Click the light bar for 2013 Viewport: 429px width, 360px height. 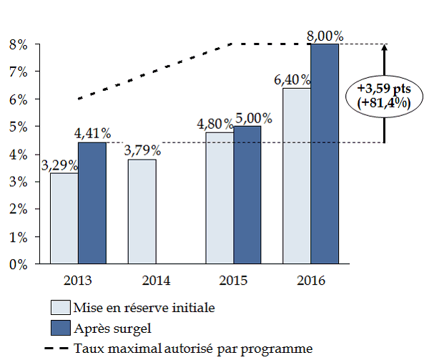coord(64,218)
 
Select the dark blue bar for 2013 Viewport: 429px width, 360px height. coord(92,203)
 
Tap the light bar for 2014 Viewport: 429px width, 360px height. coord(142,212)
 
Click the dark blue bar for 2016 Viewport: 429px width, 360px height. coord(325,154)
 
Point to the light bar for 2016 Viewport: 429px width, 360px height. coord(297,176)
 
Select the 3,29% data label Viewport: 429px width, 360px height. coord(59,165)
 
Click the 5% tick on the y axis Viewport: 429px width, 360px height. coord(17,127)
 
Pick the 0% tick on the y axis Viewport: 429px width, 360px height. coord(17,264)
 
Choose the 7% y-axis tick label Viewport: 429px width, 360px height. coord(17,72)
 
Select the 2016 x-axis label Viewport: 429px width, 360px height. coord(311,280)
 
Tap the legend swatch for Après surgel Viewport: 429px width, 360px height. coord(60,329)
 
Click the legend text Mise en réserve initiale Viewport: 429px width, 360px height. coord(144,308)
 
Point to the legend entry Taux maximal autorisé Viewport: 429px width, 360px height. coord(192,349)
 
